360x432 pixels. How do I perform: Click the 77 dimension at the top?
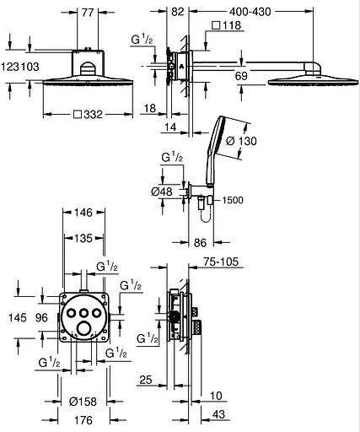tap(88, 13)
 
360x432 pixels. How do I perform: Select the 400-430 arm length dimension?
tap(250, 12)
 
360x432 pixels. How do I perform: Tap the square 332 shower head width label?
tap(88, 115)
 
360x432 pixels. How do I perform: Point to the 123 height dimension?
tap(10, 67)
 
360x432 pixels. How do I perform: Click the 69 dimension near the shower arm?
tap(241, 76)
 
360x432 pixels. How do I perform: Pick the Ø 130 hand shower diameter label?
tap(241, 141)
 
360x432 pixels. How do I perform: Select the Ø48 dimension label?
tap(162, 192)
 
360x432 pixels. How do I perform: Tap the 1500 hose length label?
tap(233, 200)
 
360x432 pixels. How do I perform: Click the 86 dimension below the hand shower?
tap(200, 242)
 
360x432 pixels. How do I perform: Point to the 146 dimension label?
tap(83, 213)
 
